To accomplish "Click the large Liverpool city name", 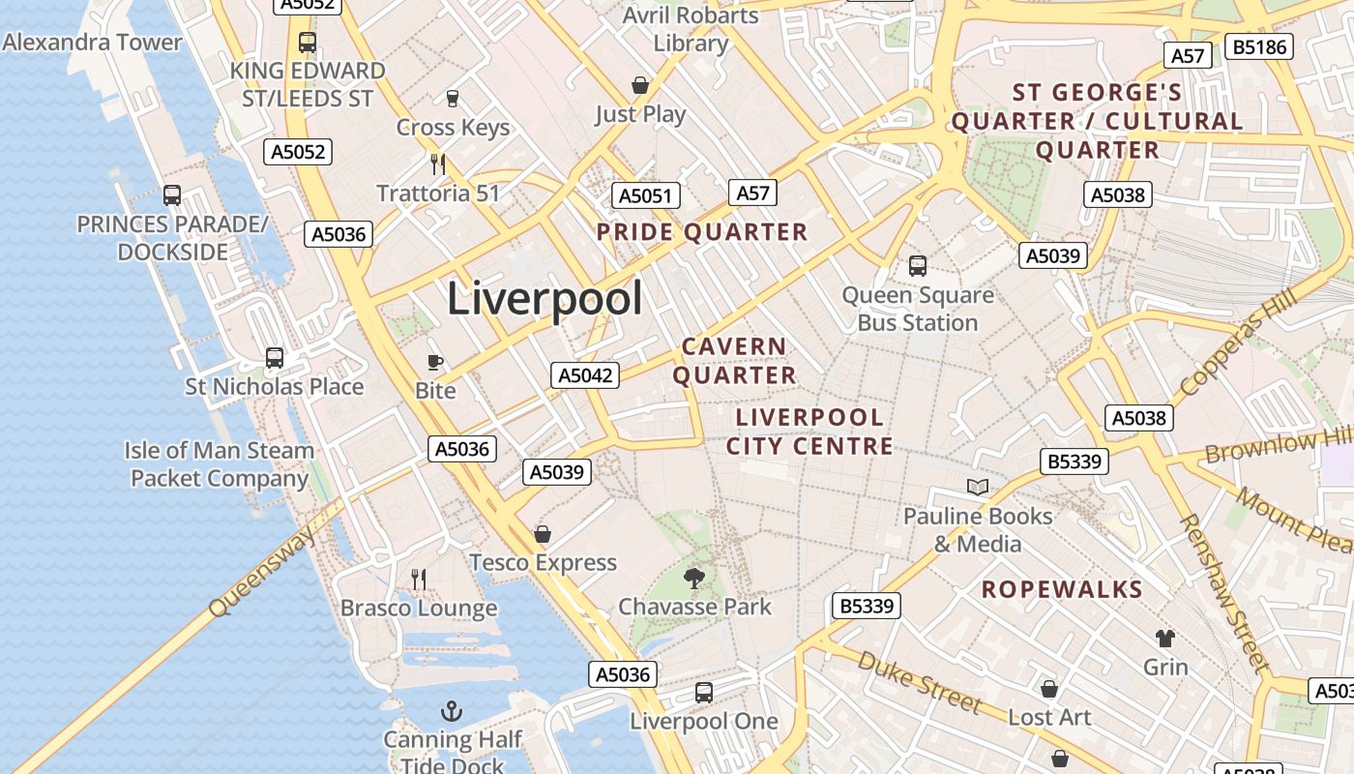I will [545, 299].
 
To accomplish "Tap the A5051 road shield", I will [646, 196].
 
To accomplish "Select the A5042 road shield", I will [585, 375].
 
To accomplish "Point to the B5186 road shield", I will [1258, 46].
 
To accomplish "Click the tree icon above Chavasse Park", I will [693, 579].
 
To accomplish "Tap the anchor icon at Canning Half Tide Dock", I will [451, 712].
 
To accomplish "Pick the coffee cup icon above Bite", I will [435, 363].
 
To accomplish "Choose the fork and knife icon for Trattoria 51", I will [438, 164].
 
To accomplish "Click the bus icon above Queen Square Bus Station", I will [917, 265].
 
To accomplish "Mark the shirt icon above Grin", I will [1165, 639].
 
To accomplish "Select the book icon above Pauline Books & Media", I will [978, 487].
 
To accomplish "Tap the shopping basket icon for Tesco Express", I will [543, 534].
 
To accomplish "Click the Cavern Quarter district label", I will [734, 361].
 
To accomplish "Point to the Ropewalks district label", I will [1062, 589].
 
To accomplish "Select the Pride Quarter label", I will [701, 232].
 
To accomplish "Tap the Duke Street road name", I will [919, 681].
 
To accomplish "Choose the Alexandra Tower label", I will [93, 43].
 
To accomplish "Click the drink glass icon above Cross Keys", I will [452, 98].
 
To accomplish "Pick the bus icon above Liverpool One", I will [704, 693].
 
